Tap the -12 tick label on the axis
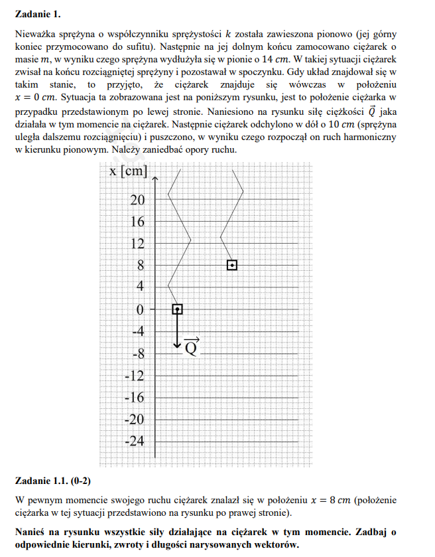[135, 376]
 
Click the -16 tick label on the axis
[135, 398]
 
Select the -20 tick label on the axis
[135, 420]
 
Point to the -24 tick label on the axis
[135, 441]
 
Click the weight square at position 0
[177, 309]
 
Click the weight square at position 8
[232, 265]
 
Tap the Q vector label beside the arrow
[191, 347]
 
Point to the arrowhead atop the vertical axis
[155, 177]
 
